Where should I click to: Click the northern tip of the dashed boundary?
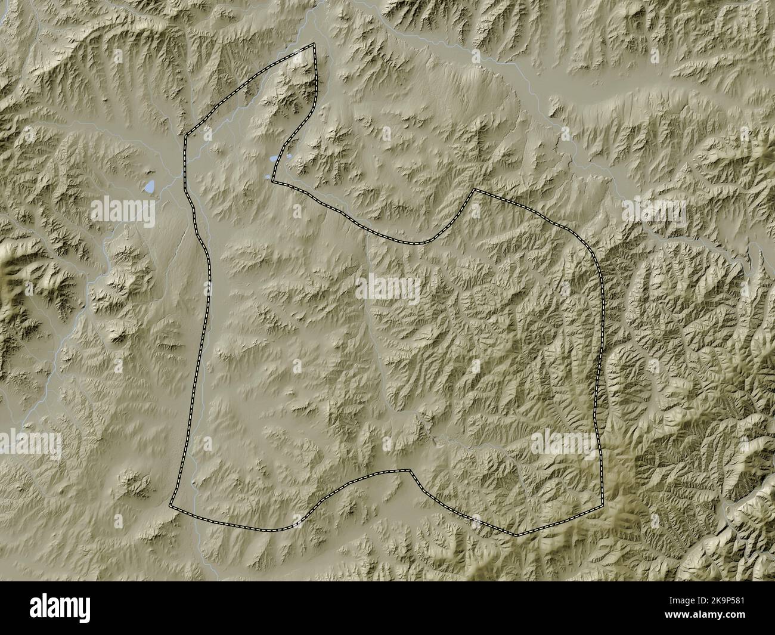click(314, 44)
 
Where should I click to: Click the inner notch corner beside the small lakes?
click(272, 179)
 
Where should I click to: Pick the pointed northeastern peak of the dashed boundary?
click(474, 190)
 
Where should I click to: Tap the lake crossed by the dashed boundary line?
click(274, 159)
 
